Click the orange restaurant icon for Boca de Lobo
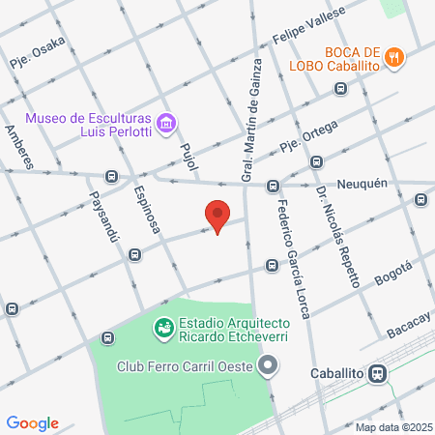point(393,57)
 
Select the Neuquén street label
point(362,184)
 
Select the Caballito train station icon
point(380,372)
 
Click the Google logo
point(33,422)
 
